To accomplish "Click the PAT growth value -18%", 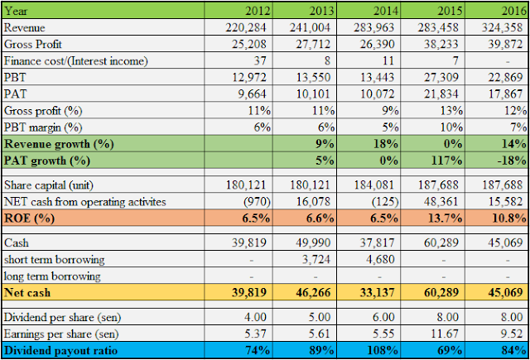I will [x=508, y=160].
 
